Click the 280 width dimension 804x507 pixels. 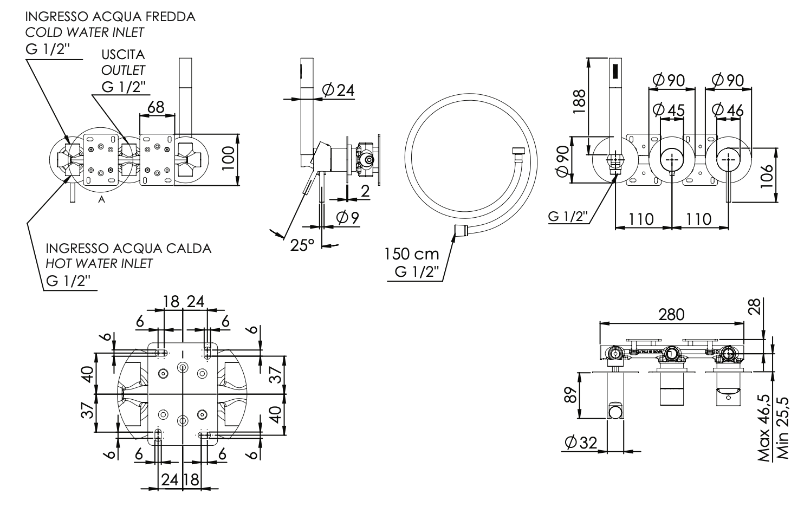click(671, 314)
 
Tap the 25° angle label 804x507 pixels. click(302, 245)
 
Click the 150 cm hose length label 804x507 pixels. click(411, 253)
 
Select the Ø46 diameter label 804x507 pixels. click(728, 109)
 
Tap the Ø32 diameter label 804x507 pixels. click(580, 443)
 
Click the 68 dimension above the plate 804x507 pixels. click(156, 107)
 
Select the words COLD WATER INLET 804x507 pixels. click(85, 32)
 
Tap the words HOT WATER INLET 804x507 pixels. click(99, 264)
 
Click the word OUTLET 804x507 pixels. click(123, 70)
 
